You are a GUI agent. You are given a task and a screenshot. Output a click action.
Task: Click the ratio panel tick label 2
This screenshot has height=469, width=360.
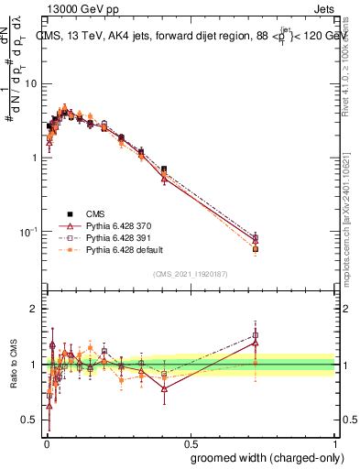(34, 309)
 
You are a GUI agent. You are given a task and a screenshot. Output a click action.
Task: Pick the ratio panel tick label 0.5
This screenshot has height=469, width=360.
(30, 420)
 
